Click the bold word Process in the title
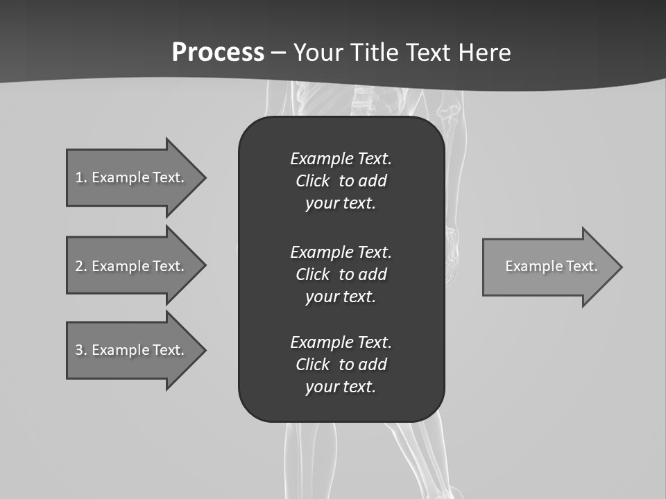(x=218, y=53)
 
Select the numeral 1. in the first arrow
(x=81, y=177)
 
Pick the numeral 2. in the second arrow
(x=81, y=266)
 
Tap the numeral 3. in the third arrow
(x=81, y=350)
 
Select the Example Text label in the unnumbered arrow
(x=551, y=266)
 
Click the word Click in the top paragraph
(x=312, y=181)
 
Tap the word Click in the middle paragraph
(x=312, y=274)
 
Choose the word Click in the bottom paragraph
(x=312, y=365)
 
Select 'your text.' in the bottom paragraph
(x=340, y=387)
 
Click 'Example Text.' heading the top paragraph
(x=341, y=159)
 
